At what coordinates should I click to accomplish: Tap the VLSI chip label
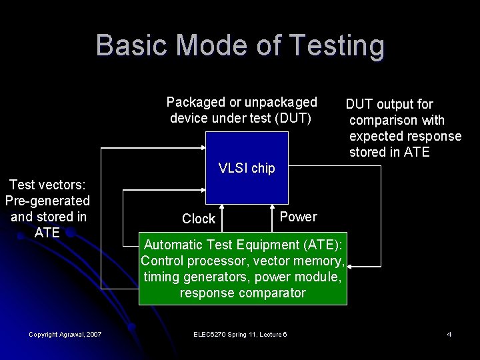tap(247, 168)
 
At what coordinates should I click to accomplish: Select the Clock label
tap(199, 219)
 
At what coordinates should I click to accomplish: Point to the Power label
tap(298, 217)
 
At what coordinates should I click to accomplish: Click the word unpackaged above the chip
tap(281, 102)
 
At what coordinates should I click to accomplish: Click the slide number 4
tap(449, 333)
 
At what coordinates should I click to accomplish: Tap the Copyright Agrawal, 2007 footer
tap(65, 333)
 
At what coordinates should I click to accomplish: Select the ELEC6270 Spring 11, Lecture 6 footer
tap(240, 333)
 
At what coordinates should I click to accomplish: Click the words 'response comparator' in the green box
tap(243, 293)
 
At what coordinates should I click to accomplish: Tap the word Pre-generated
tap(47, 200)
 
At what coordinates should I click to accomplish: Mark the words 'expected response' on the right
tap(405, 136)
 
